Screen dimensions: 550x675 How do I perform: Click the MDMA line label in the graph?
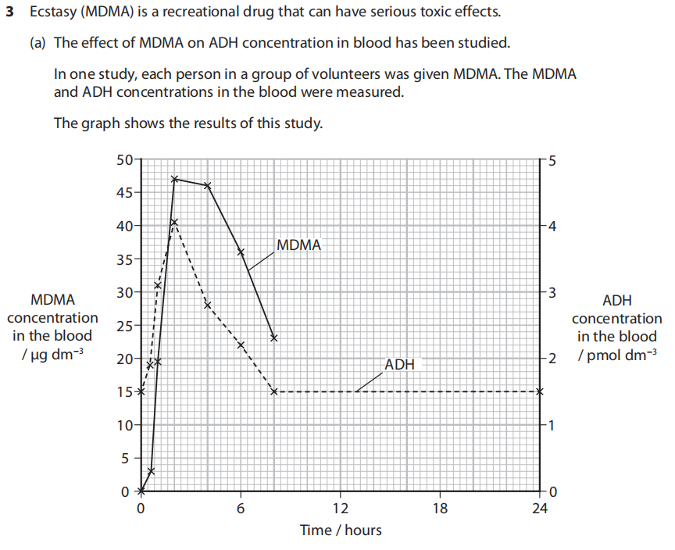pyautogui.click(x=298, y=245)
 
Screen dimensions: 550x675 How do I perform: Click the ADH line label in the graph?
pyautogui.click(x=399, y=364)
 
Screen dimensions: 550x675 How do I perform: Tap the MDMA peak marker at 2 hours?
pyautogui.click(x=174, y=179)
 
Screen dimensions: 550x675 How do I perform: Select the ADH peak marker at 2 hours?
pyautogui.click(x=174, y=222)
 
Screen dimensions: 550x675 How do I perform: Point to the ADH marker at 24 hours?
pyautogui.click(x=540, y=391)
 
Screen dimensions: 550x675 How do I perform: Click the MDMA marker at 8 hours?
pyautogui.click(x=274, y=337)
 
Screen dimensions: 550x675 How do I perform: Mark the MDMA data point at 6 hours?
pyautogui.click(x=241, y=252)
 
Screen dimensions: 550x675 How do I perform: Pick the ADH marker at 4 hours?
pyautogui.click(x=208, y=305)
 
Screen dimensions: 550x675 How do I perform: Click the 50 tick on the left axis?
pyautogui.click(x=123, y=160)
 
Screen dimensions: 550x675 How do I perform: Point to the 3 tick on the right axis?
pyautogui.click(x=552, y=293)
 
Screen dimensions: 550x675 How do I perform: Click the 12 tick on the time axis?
pyautogui.click(x=341, y=509)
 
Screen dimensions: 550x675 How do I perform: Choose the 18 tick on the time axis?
pyautogui.click(x=441, y=509)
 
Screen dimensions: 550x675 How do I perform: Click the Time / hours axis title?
pyautogui.click(x=341, y=530)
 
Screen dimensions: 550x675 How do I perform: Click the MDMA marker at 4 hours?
pyautogui.click(x=208, y=185)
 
